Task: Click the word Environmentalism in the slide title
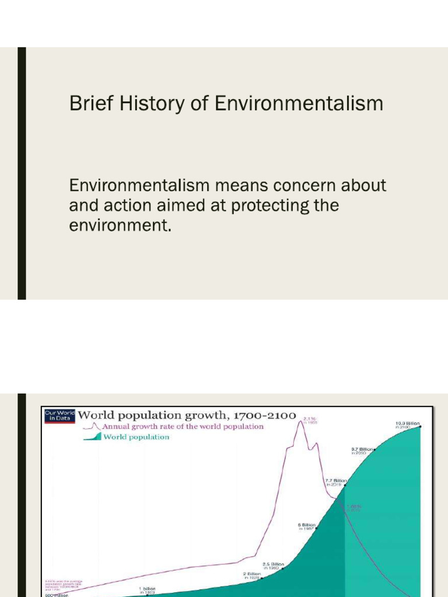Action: (299, 104)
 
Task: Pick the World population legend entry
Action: (136, 437)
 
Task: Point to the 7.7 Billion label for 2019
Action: (336, 481)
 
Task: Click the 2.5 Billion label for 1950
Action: (273, 564)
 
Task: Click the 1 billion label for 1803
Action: (147, 589)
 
